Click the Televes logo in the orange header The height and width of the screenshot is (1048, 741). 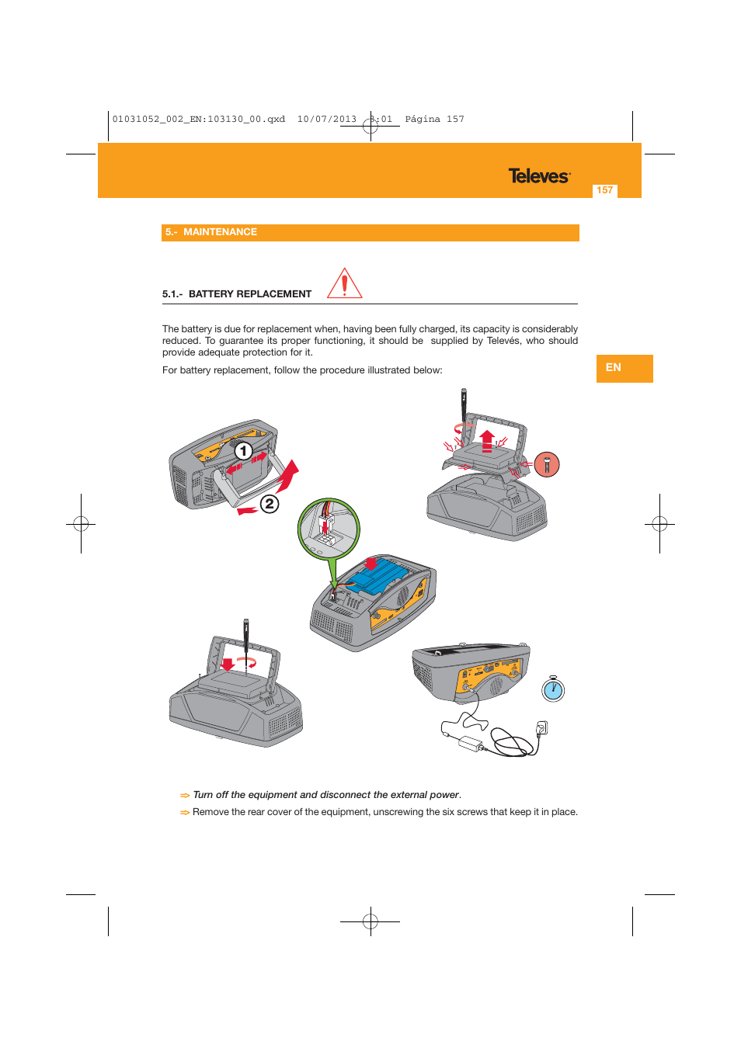[x=539, y=176]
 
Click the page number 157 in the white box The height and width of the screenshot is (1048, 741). [x=605, y=190]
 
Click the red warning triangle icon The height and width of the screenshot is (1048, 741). [x=344, y=284]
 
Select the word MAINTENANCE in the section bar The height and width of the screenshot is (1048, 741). [x=220, y=232]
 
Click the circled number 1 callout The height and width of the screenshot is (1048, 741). [x=243, y=451]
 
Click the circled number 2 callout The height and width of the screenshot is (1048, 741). [x=269, y=504]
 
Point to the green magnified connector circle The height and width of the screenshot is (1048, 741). [x=329, y=529]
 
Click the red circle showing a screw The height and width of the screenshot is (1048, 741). [x=547, y=464]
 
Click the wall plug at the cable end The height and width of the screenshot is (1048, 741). [x=542, y=727]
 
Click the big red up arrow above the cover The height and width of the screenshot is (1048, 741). [x=487, y=440]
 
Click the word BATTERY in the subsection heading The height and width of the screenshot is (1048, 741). [x=213, y=294]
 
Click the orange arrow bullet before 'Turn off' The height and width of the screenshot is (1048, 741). [x=185, y=796]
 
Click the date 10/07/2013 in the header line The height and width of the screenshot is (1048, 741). [x=327, y=120]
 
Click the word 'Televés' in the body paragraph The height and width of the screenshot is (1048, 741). [x=503, y=341]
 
